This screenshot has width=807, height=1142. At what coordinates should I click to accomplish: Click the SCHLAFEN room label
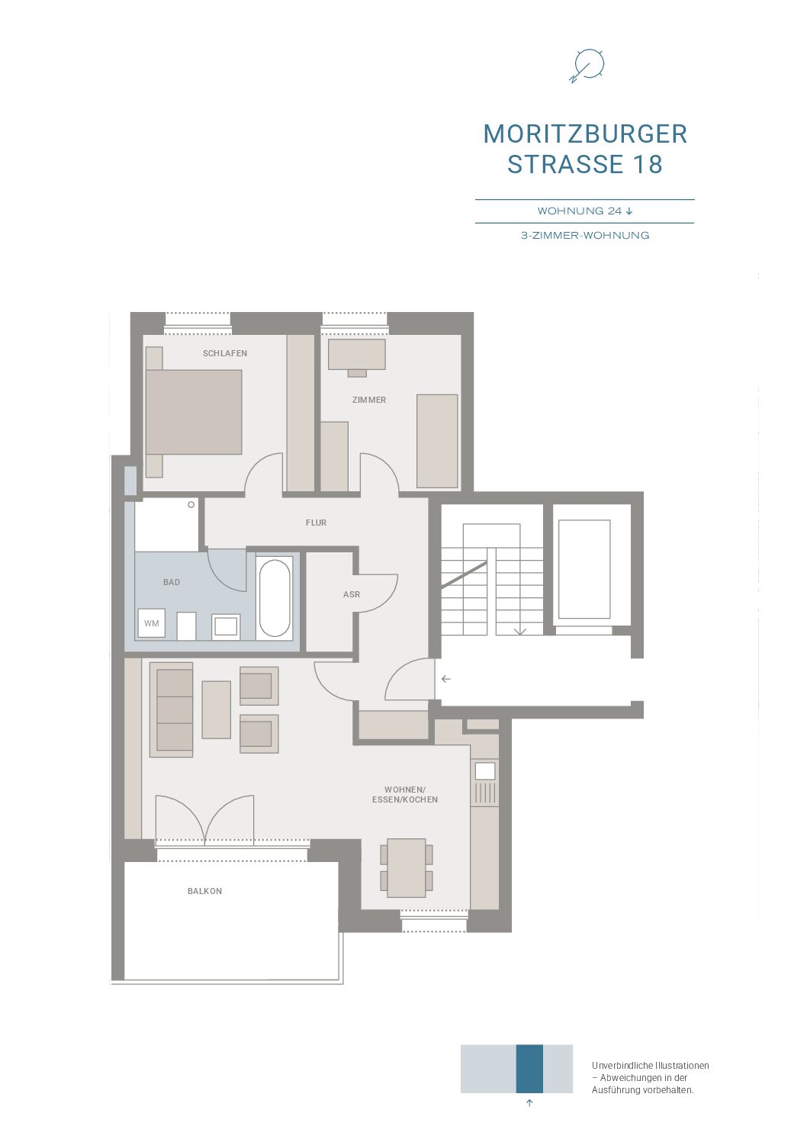click(x=225, y=353)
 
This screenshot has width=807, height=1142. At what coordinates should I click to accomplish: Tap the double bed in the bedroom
click(x=193, y=412)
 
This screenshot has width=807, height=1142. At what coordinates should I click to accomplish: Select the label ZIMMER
click(x=368, y=400)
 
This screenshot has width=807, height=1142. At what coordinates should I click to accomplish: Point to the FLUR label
click(x=316, y=523)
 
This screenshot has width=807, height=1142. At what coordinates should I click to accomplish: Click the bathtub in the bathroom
click(x=275, y=598)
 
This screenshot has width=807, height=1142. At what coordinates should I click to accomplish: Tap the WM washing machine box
click(x=152, y=623)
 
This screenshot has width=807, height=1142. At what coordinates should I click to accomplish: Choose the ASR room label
click(x=351, y=594)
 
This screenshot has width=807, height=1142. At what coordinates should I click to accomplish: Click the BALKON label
click(x=204, y=891)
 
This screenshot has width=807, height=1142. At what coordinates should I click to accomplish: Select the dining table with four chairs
click(x=407, y=867)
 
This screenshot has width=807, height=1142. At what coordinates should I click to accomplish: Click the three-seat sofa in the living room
click(x=172, y=709)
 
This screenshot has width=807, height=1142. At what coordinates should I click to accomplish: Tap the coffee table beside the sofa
click(x=216, y=709)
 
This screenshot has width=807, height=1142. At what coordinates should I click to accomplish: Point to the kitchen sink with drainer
click(x=485, y=783)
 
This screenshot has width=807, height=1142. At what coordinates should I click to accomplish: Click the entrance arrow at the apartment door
click(x=446, y=679)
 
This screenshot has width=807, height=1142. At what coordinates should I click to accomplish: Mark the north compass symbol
click(x=587, y=66)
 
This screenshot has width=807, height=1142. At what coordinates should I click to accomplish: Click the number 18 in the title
click(x=648, y=164)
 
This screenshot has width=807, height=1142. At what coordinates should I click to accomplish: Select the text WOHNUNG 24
click(x=580, y=211)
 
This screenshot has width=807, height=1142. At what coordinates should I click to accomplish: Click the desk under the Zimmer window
click(x=356, y=355)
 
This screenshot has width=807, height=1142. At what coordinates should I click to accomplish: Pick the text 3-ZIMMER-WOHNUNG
click(x=585, y=236)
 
